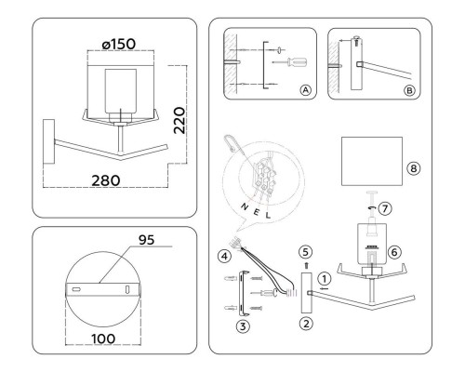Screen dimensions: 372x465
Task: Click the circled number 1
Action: click(x=323, y=275)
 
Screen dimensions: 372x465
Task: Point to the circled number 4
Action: click(x=224, y=256)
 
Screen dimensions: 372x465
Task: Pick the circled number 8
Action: click(x=414, y=168)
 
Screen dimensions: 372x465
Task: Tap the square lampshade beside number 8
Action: click(x=371, y=163)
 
